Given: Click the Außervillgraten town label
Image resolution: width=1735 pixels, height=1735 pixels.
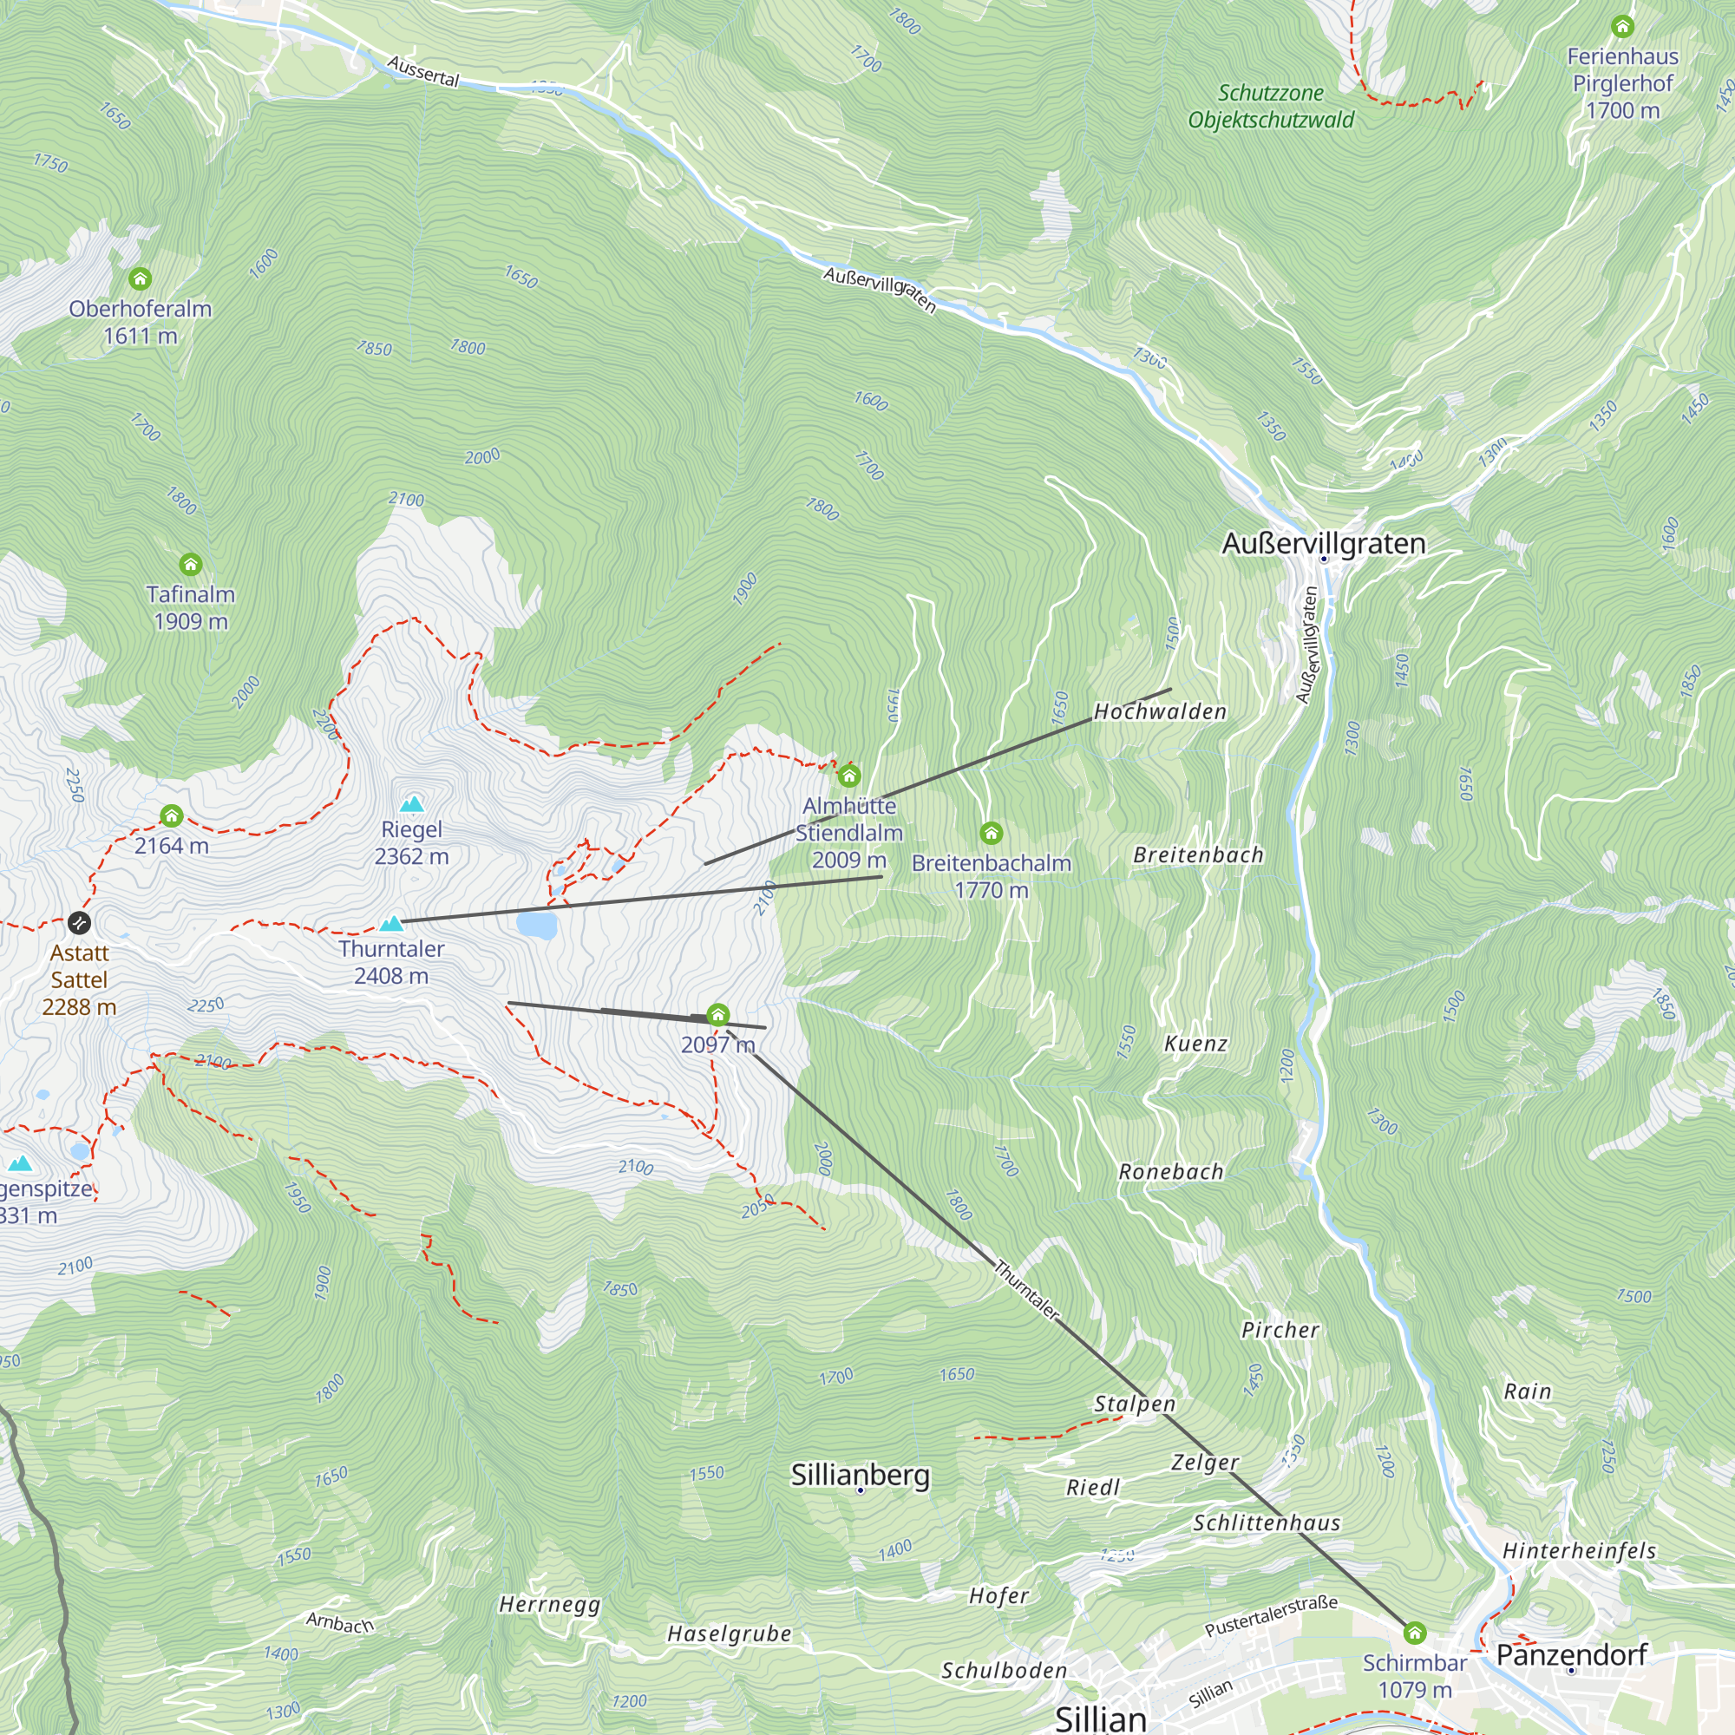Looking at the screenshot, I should click(x=1323, y=543).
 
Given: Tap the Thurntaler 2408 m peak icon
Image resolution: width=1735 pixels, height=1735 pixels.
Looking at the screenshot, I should click(x=390, y=922).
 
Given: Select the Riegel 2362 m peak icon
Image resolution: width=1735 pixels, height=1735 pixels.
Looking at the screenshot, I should click(x=411, y=802).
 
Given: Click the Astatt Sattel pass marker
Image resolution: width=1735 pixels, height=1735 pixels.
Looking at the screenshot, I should click(x=79, y=922).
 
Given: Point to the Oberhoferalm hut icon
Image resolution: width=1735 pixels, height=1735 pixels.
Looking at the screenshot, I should click(x=139, y=278).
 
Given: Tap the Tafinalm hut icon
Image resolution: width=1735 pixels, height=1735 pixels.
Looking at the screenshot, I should click(x=190, y=564).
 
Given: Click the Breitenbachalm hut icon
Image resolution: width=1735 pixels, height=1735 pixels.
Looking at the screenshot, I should click(x=991, y=834).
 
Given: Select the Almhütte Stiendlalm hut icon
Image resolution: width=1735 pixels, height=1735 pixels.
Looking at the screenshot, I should click(x=848, y=775).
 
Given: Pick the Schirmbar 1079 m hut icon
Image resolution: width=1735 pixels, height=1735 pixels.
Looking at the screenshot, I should click(x=1414, y=1632).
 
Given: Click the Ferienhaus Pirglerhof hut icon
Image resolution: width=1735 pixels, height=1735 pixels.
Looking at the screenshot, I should click(x=1622, y=26).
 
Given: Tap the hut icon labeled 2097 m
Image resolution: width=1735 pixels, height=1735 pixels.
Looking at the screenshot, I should click(x=717, y=1016).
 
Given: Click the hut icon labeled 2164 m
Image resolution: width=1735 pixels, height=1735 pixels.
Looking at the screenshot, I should click(x=172, y=815).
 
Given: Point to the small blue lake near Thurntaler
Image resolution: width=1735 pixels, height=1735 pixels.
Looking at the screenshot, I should click(x=537, y=924).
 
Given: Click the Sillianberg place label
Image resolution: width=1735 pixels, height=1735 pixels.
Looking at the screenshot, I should click(x=860, y=1475).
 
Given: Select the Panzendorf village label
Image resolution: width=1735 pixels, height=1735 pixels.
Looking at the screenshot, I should click(x=1571, y=1654).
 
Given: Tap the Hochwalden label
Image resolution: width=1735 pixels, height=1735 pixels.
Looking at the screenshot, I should click(x=1159, y=712).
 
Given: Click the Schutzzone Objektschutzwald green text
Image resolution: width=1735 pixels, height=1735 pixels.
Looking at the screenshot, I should click(x=1270, y=106).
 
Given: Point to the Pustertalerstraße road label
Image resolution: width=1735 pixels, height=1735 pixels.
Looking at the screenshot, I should click(x=1271, y=1615).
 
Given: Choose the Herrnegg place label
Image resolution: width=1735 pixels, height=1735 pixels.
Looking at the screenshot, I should click(x=550, y=1604).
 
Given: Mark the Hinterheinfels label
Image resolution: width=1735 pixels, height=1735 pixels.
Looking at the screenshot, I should click(x=1579, y=1550).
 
